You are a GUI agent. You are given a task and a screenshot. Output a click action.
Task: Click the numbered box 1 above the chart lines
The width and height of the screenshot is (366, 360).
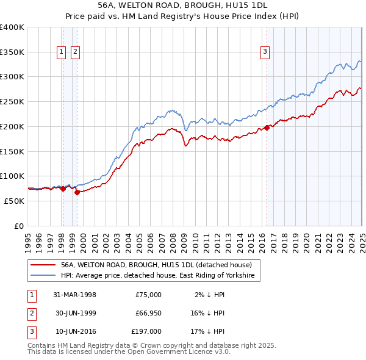(x=62, y=52)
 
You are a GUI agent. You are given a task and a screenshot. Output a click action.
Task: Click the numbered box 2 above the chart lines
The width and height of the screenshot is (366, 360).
(x=74, y=52)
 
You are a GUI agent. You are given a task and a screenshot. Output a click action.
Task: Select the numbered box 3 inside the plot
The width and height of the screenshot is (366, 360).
(x=265, y=52)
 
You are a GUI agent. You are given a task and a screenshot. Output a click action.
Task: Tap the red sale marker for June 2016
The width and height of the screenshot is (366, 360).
(x=267, y=128)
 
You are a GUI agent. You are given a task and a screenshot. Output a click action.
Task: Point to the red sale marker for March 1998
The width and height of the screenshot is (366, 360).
(x=63, y=189)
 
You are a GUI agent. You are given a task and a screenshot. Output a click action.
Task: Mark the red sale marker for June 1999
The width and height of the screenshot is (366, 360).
(x=77, y=193)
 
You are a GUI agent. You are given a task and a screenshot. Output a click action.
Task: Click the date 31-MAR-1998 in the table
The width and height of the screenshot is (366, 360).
(x=75, y=295)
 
